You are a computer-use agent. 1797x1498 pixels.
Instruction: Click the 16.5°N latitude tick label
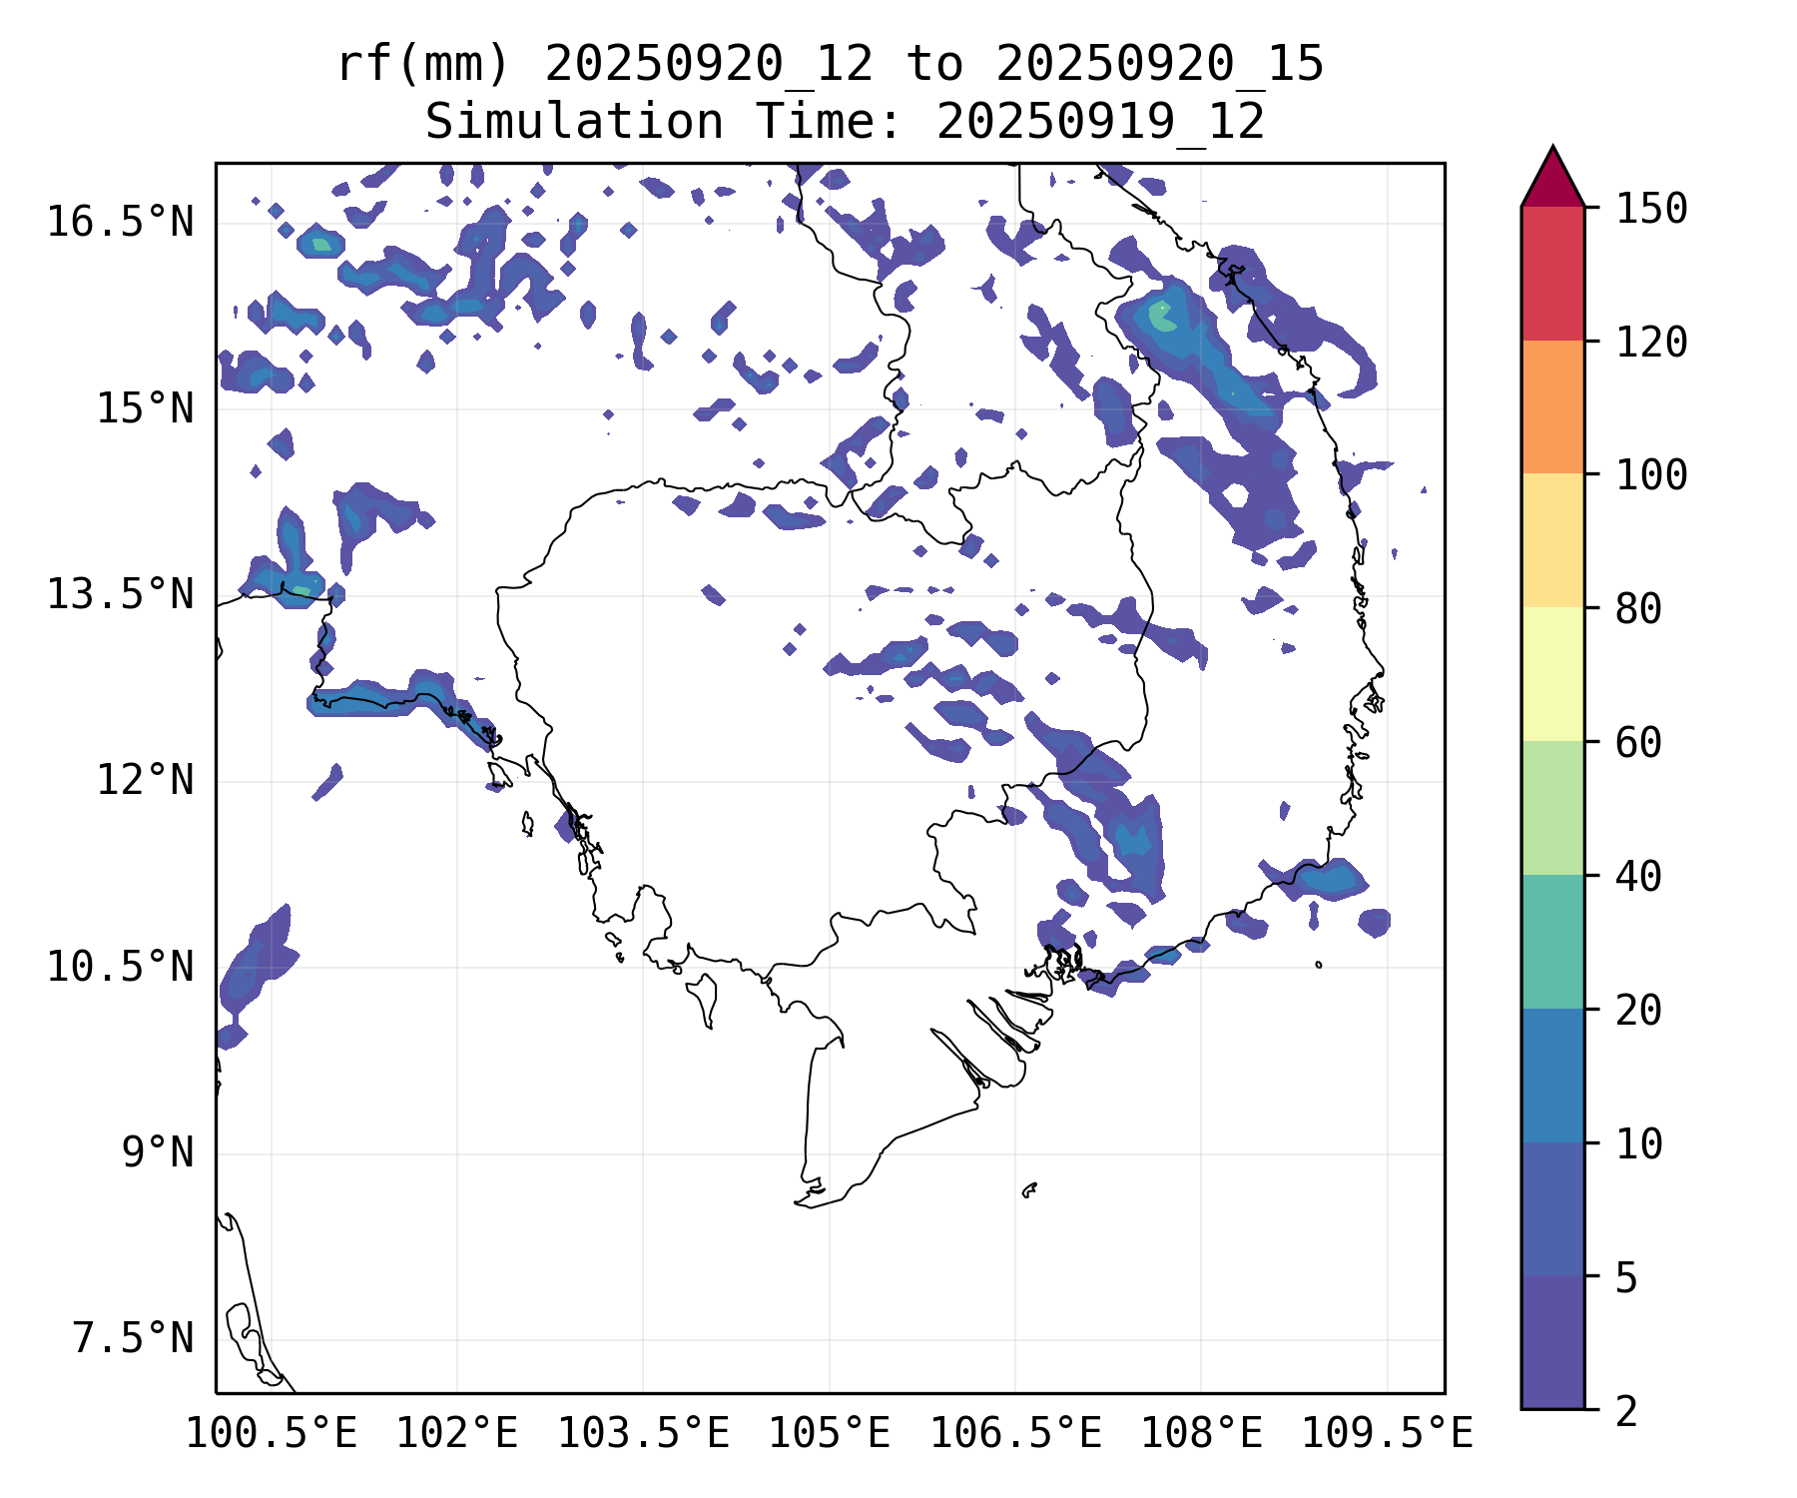[x=120, y=222]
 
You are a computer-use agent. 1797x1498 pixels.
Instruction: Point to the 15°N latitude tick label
[x=145, y=408]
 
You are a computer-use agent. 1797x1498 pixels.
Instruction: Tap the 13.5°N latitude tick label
[x=120, y=594]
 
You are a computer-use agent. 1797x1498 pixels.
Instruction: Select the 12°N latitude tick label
[x=145, y=780]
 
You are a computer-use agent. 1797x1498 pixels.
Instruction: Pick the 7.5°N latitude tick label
[x=133, y=1338]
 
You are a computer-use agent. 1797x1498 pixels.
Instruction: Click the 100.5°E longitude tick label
[x=272, y=1433]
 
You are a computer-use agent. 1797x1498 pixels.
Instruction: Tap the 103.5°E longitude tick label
[x=643, y=1433]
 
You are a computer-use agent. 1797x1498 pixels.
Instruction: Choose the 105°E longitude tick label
[x=829, y=1433]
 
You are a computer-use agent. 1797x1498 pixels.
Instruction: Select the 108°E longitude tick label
[x=1201, y=1433]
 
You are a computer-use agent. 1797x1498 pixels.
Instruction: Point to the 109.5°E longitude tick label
[x=1387, y=1433]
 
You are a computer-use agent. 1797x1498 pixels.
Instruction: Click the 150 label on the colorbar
[x=1651, y=209]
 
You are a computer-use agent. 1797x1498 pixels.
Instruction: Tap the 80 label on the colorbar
[x=1638, y=608]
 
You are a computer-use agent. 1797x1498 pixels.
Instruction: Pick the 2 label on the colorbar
[x=1626, y=1411]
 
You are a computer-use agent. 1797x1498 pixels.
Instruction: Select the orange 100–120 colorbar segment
[x=1552, y=406]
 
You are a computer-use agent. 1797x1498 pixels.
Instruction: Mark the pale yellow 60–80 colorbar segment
[x=1552, y=674]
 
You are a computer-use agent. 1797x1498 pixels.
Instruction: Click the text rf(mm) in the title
[x=423, y=65]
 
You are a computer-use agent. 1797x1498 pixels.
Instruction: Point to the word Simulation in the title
[x=574, y=123]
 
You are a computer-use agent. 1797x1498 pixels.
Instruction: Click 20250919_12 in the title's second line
[x=1100, y=123]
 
